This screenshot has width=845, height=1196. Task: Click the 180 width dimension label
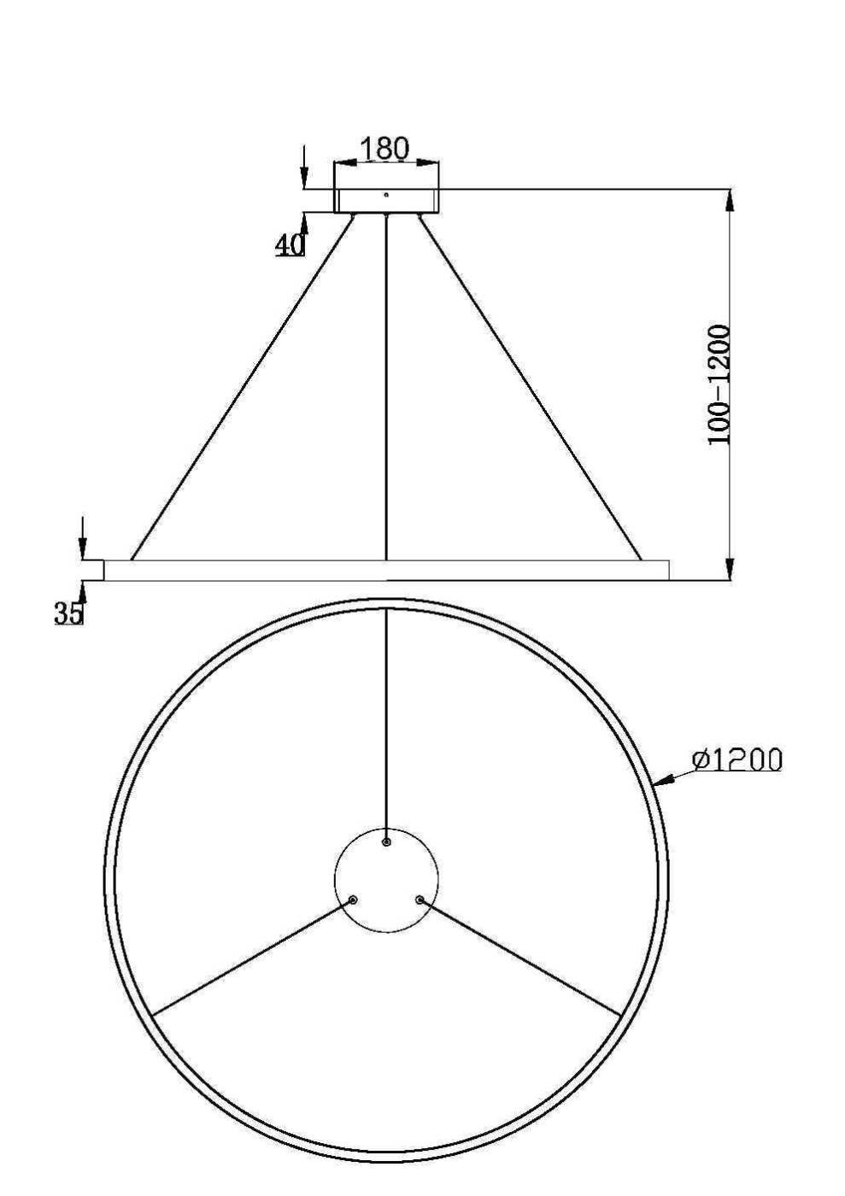coord(384,148)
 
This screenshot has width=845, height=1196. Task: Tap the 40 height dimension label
coord(290,245)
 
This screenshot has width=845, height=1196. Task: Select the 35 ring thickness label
coord(69,613)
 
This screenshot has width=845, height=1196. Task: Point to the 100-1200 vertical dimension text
coord(719,384)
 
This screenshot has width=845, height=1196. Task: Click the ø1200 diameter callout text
coord(737,759)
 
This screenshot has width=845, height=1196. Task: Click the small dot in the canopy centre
coord(386,195)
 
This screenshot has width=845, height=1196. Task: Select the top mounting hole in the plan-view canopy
coord(386,841)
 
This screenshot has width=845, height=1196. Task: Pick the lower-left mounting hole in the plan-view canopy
coord(352,900)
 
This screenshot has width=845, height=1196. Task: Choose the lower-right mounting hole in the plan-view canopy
coord(420,900)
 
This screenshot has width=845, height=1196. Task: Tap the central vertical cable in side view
coord(386,384)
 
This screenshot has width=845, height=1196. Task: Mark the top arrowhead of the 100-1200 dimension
coord(729,199)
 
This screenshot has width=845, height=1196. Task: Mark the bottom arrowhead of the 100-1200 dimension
coord(729,569)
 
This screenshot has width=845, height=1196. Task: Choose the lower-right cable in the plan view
coord(521,958)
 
